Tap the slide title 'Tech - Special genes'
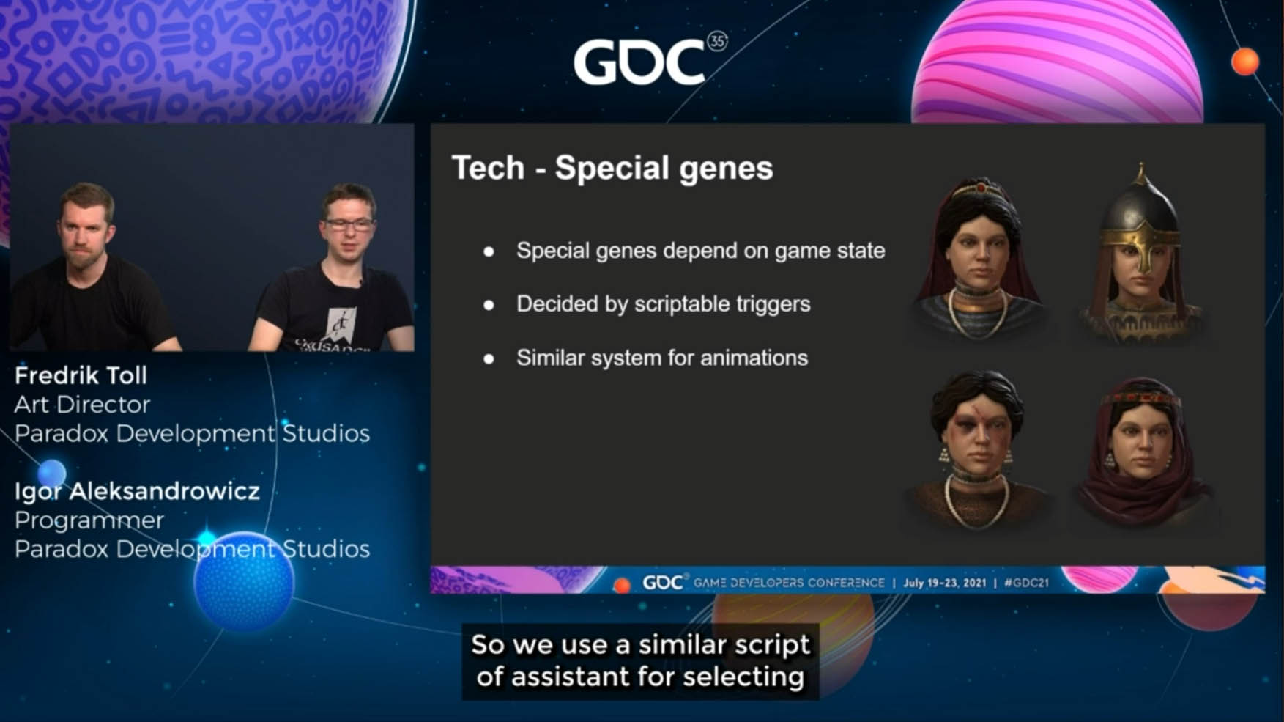[x=612, y=168]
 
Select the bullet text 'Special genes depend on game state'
[x=700, y=251]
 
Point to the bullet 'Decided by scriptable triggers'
[x=663, y=304]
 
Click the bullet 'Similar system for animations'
[x=662, y=358]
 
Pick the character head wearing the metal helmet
[x=1140, y=253]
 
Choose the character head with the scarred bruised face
[x=978, y=449]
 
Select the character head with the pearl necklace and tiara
[x=978, y=258]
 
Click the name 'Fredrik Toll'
[x=81, y=376]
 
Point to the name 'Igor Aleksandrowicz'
[x=137, y=491]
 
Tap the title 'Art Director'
[x=82, y=405]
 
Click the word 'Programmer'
[x=89, y=520]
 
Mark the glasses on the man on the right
[x=349, y=224]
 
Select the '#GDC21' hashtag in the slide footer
[x=1026, y=583]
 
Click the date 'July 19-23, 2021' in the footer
[x=944, y=583]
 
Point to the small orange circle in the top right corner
[x=1244, y=62]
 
